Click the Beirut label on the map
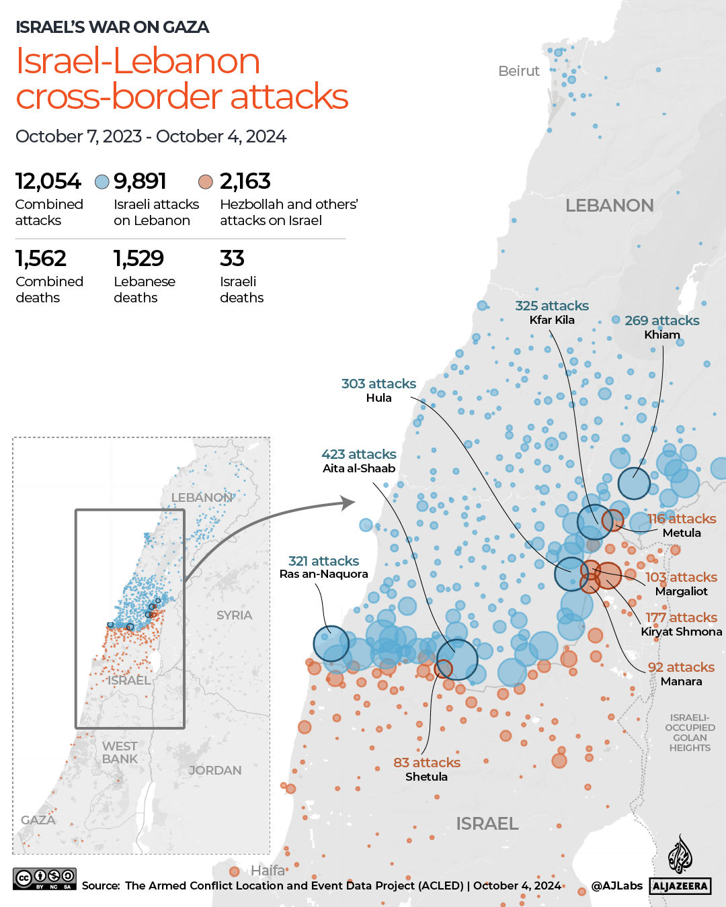(518, 71)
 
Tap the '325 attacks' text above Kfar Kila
(552, 306)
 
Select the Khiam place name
(662, 335)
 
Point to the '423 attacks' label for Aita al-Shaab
(359, 454)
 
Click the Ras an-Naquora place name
(324, 574)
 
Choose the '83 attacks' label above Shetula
(427, 763)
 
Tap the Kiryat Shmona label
(681, 632)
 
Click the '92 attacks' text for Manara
(681, 667)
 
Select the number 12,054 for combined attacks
(48, 181)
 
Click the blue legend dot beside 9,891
(102, 182)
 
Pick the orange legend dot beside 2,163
(206, 182)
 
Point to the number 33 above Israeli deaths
(232, 259)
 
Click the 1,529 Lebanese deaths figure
(138, 259)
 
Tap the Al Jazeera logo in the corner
(680, 867)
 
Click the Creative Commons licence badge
(44, 878)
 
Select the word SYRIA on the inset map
(234, 615)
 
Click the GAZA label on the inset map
(38, 820)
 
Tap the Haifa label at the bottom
(268, 871)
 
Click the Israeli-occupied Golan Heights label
(690, 733)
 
